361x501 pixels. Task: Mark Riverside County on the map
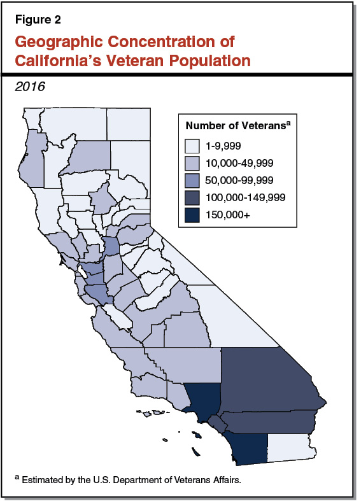pos(274,421)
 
